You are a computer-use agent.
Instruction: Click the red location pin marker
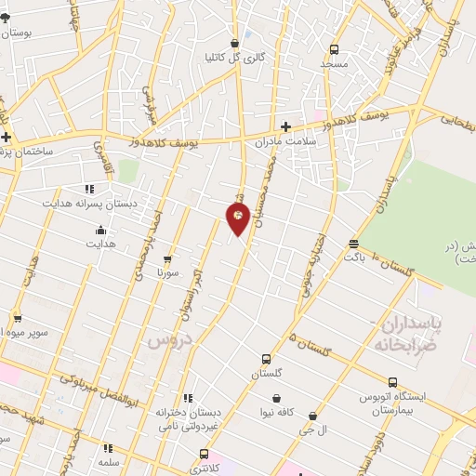238,218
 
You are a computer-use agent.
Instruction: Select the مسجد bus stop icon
334,49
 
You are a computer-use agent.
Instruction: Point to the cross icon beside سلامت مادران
285,126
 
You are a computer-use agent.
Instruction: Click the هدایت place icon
100,230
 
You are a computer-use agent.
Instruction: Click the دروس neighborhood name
168,341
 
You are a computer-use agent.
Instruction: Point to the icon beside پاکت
353,244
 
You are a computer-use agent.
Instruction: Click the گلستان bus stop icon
266,359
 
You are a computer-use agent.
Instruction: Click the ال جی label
318,430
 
